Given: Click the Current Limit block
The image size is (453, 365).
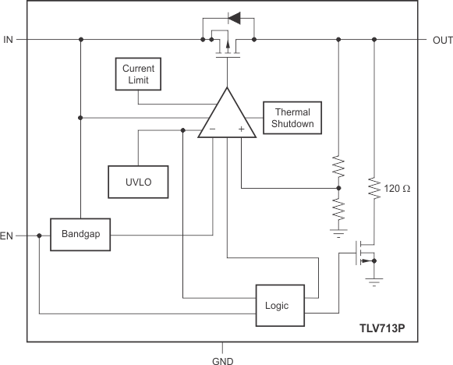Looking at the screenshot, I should pos(138,73).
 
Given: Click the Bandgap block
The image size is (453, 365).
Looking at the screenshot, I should pos(80,234).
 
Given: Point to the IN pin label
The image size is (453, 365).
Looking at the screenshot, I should pos(9,39).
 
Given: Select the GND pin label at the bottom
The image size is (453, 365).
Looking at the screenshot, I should pos(224,359).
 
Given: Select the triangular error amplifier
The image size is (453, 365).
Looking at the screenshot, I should pos(227,115).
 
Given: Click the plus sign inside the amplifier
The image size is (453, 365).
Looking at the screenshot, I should pos(242,129).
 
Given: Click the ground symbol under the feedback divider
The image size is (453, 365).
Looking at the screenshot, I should pos(338,231).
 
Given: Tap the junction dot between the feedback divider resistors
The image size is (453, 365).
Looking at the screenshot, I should pos(338,188).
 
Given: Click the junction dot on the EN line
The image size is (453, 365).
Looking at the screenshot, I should pos(38,235).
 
